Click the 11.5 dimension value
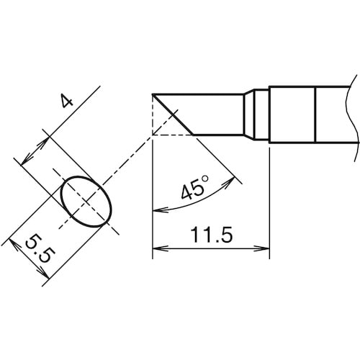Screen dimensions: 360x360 (211, 235)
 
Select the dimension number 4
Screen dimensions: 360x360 (66, 101)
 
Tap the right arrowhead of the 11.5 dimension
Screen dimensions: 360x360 (262, 249)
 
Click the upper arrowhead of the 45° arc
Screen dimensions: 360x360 (229, 182)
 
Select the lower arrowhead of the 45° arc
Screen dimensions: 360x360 (161, 210)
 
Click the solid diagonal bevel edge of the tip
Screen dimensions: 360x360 (173, 114)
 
